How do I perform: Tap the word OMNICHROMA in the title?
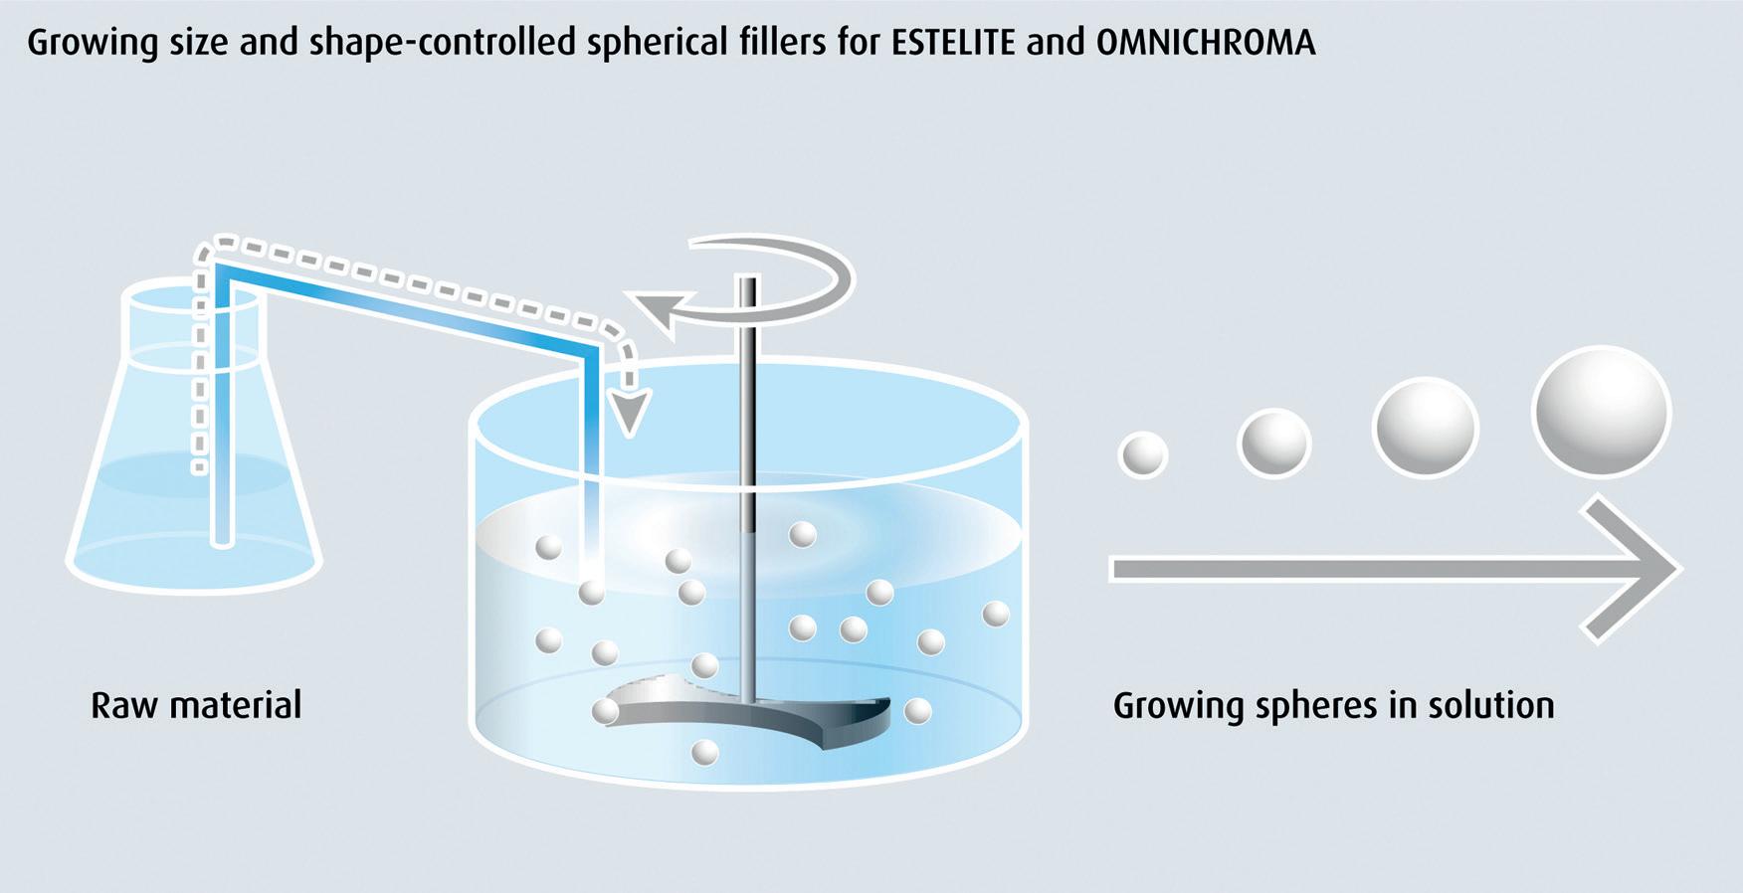click(x=1206, y=43)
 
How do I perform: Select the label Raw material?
click(x=196, y=705)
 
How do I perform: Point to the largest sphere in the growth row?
click(x=1602, y=412)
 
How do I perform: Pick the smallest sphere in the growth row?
click(x=1143, y=454)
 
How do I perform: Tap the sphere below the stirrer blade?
click(x=704, y=753)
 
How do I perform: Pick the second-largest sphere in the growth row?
click(x=1425, y=428)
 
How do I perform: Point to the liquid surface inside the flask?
click(x=194, y=473)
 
